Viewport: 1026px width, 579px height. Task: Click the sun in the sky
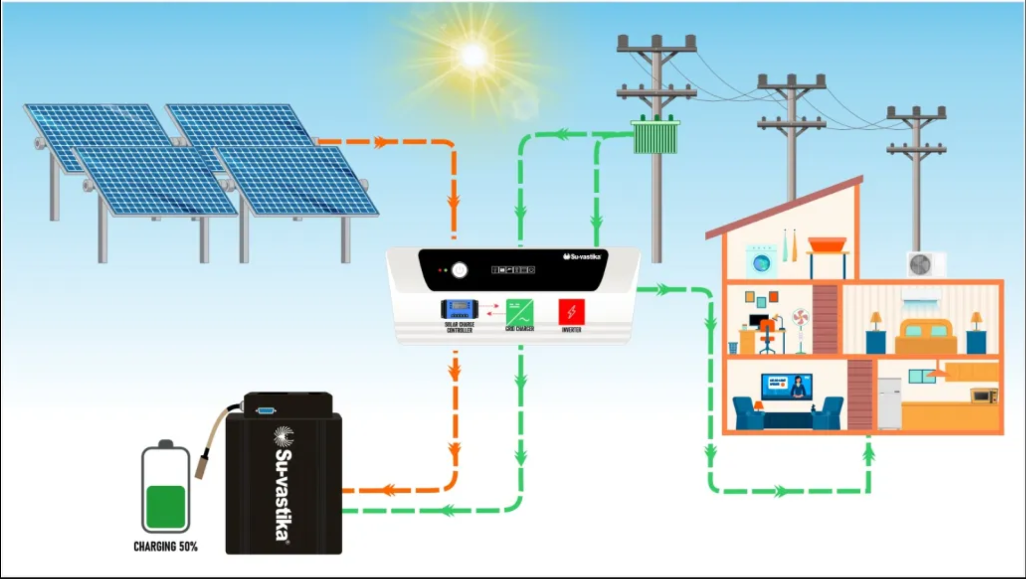pos(473,55)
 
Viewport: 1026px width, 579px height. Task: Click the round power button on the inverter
pos(459,270)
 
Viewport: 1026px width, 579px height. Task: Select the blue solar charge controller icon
pos(459,309)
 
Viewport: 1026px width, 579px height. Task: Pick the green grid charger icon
pos(519,312)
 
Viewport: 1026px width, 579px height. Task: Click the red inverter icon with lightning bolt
pos(571,312)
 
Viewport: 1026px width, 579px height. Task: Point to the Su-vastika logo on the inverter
pos(582,257)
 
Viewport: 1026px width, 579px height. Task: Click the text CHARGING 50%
pos(166,547)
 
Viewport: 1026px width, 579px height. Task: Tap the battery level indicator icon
pos(166,488)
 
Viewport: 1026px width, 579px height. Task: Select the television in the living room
pos(787,387)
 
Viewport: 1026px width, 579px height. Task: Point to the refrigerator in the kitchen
pos(889,403)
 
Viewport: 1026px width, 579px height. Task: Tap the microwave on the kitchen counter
pos(984,396)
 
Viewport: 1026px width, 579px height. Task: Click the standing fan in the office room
pos(800,329)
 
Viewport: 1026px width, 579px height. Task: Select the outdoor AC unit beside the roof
pos(925,264)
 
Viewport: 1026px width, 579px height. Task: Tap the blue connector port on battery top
pos(265,410)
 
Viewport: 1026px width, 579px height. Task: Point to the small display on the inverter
pos(513,270)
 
